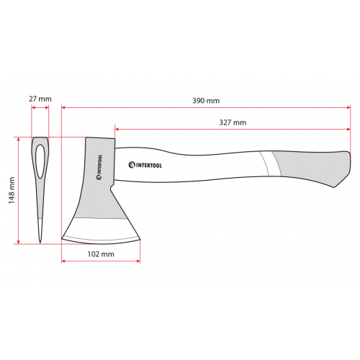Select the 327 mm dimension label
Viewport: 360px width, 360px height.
(x=233, y=122)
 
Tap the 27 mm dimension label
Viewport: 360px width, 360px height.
(x=40, y=98)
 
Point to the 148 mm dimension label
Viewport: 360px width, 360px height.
(x=12, y=191)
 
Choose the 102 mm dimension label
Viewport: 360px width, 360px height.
(x=101, y=254)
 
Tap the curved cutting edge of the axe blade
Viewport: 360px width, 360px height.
(x=101, y=239)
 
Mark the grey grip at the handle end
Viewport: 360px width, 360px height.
(x=310, y=167)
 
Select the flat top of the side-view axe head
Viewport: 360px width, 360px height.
(x=100, y=139)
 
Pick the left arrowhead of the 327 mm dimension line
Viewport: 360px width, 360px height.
(x=117, y=130)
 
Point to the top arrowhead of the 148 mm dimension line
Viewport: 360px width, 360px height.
(x=19, y=139)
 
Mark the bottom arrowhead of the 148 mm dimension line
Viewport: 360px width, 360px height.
(x=19, y=241)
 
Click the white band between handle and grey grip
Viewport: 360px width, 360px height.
(x=269, y=163)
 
